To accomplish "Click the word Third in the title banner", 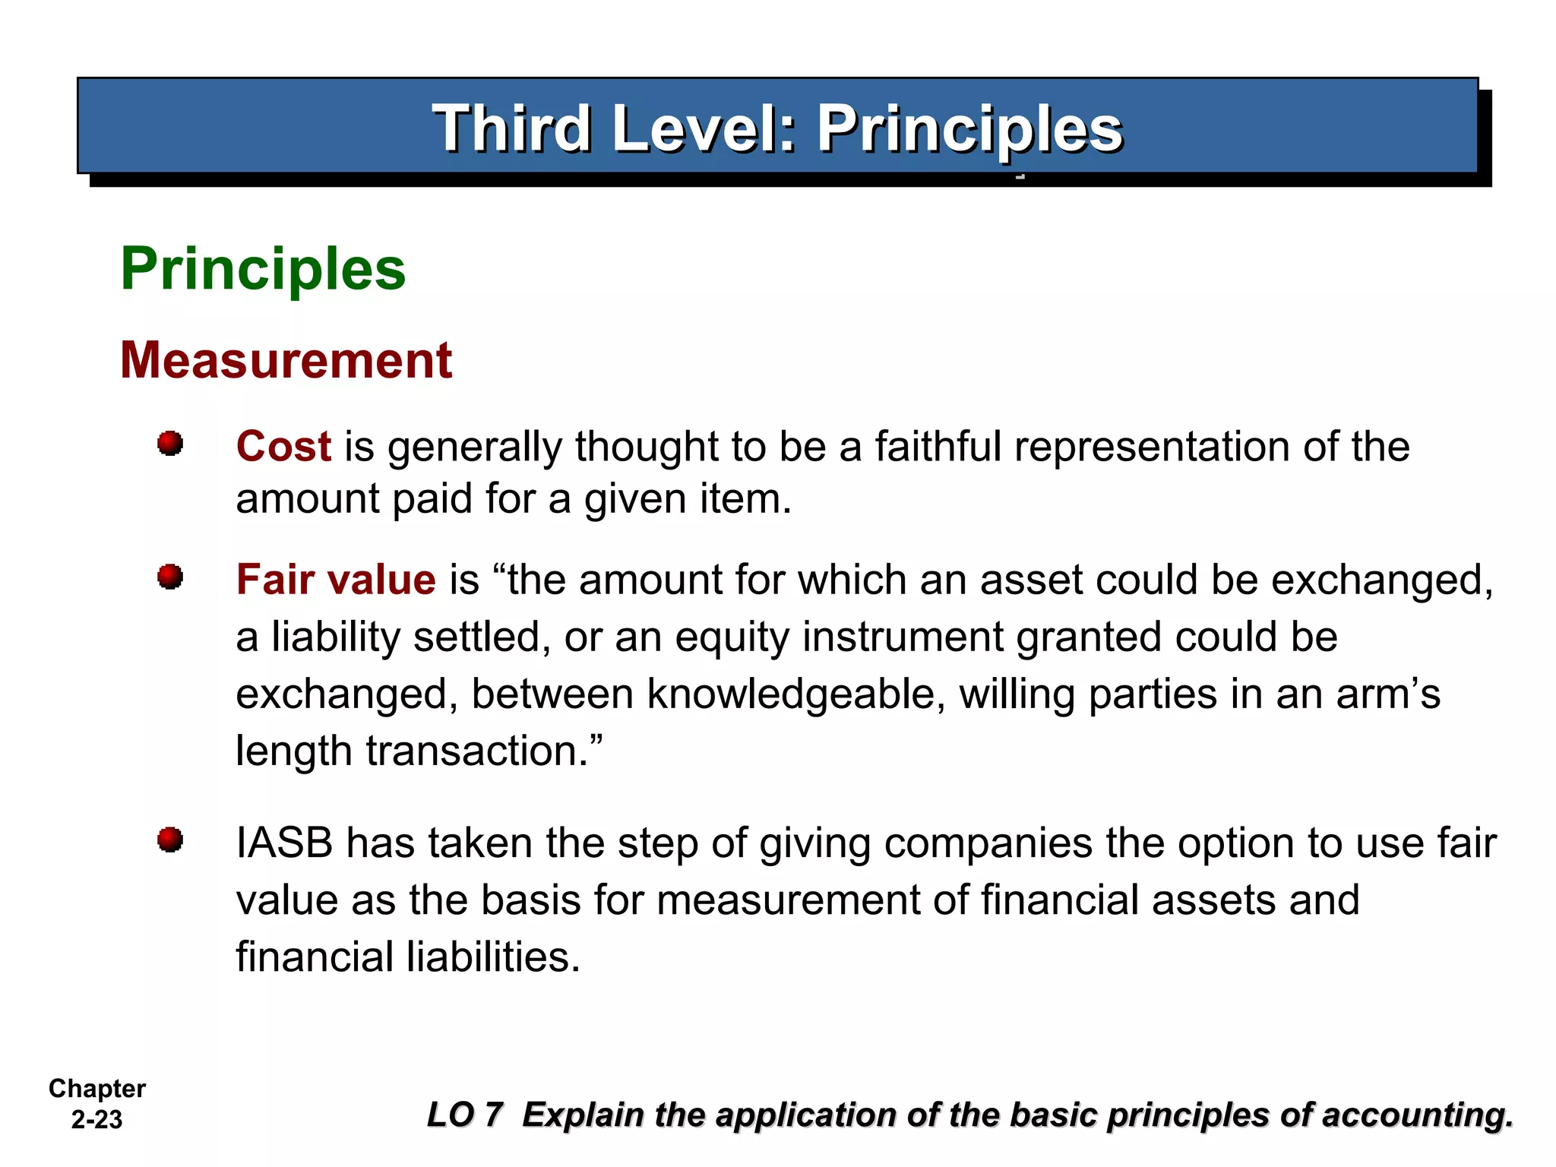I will click(x=511, y=128).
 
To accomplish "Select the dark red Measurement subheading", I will click(x=286, y=360).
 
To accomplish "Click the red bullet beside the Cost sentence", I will click(x=170, y=443).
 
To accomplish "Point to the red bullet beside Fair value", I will click(x=170, y=577).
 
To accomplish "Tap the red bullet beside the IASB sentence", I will click(x=170, y=840).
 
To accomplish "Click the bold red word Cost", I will click(x=283, y=446).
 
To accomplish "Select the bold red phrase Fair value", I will click(x=336, y=580).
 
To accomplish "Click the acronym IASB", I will click(x=284, y=843).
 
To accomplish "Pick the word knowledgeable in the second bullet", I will click(x=795, y=694).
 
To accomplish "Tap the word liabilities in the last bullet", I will click(x=493, y=957).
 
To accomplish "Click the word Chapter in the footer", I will click(x=97, y=1089).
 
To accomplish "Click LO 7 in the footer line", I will click(x=465, y=1115).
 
